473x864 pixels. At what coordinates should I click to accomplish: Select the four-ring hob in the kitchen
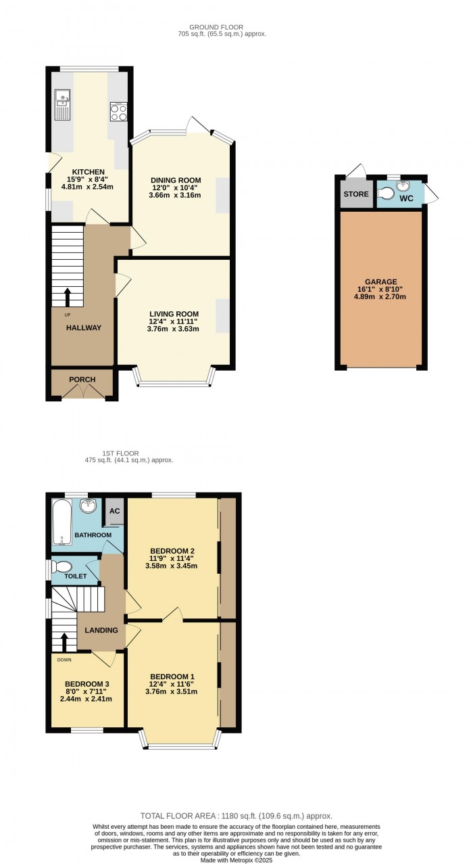(118, 112)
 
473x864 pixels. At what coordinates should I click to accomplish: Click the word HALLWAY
(84, 328)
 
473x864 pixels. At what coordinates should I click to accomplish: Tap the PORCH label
(82, 380)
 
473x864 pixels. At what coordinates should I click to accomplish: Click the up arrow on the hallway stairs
(66, 296)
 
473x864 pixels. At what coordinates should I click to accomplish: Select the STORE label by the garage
(356, 194)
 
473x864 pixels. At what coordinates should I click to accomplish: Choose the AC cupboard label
(114, 511)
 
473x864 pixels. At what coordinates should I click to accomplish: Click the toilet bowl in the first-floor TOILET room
(62, 566)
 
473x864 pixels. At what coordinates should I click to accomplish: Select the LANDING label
(101, 631)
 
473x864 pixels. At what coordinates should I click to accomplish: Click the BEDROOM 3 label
(86, 685)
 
